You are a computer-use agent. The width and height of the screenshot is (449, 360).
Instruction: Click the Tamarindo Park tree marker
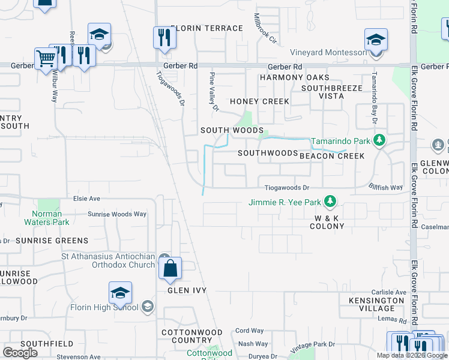(x=379, y=140)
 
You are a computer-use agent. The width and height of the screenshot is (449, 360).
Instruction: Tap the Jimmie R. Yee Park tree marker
(x=329, y=201)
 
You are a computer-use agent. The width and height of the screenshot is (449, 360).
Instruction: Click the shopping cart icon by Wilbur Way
(x=46, y=58)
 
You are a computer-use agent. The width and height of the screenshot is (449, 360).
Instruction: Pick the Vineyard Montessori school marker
(x=376, y=40)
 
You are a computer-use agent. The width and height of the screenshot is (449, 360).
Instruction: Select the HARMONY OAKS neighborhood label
(x=294, y=77)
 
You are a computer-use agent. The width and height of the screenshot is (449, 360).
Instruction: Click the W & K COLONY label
(x=327, y=222)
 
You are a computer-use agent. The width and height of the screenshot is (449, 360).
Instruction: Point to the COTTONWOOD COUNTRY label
(x=192, y=336)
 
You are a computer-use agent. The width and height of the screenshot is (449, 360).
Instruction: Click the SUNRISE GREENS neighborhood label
(x=52, y=241)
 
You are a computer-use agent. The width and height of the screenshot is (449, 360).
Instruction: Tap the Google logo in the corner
(x=20, y=352)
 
